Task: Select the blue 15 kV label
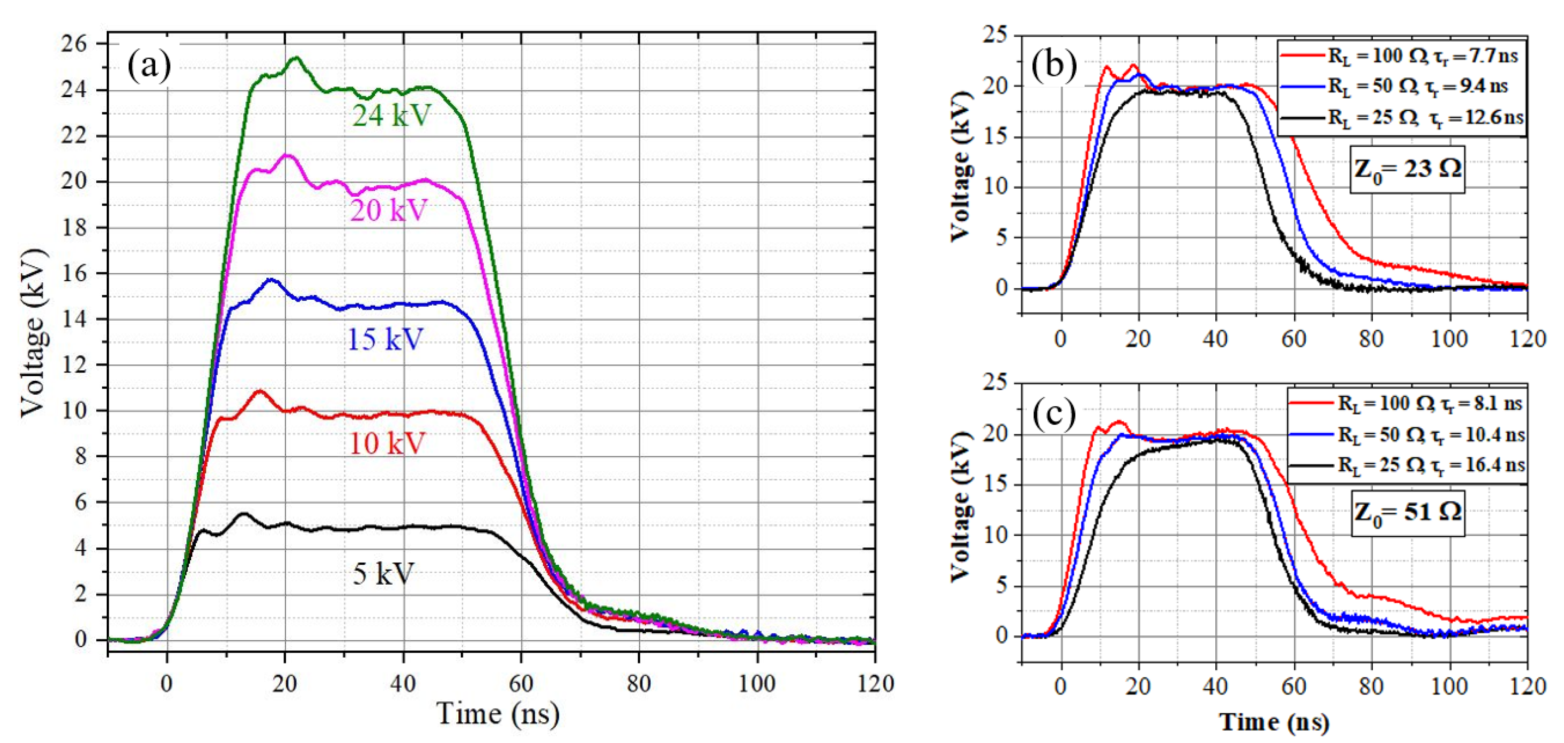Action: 384,339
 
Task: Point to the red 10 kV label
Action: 387,443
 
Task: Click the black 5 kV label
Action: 383,573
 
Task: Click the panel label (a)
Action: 149,66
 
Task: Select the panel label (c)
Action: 1054,413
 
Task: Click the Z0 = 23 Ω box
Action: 1407,169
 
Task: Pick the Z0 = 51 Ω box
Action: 1407,513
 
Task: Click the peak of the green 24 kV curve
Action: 296,58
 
